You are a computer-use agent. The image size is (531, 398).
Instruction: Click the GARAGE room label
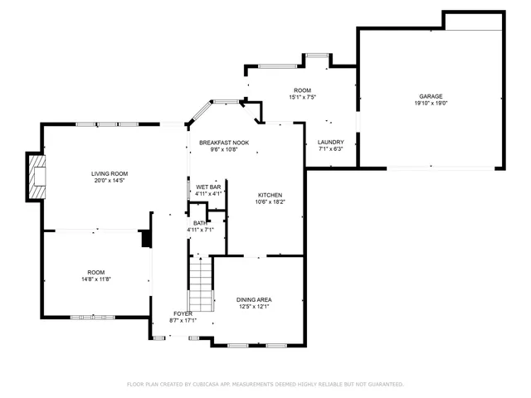click(431, 96)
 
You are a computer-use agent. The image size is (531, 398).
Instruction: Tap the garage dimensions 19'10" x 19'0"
click(431, 104)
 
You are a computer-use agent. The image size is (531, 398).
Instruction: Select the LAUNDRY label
click(330, 142)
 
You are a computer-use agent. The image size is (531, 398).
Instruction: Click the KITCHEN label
click(270, 194)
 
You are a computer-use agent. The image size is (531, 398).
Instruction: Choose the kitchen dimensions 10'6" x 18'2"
click(270, 201)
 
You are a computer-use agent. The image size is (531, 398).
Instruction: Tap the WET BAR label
click(208, 187)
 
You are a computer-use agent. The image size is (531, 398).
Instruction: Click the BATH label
click(200, 222)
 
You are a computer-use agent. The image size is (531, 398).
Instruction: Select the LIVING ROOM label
click(110, 173)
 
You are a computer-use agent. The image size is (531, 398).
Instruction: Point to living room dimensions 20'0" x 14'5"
click(110, 181)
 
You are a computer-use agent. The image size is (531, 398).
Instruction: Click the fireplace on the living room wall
click(36, 177)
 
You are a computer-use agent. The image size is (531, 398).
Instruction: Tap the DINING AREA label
click(254, 299)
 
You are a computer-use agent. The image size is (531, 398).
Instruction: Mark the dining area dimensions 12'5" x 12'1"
click(254, 307)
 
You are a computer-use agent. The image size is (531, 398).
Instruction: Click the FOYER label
click(183, 313)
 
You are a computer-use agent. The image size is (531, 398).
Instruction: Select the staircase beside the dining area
click(200, 284)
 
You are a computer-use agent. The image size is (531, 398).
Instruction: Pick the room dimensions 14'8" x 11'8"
click(96, 280)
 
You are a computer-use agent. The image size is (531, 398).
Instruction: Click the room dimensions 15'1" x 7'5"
click(302, 97)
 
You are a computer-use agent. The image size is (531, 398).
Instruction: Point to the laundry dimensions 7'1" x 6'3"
click(330, 149)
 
